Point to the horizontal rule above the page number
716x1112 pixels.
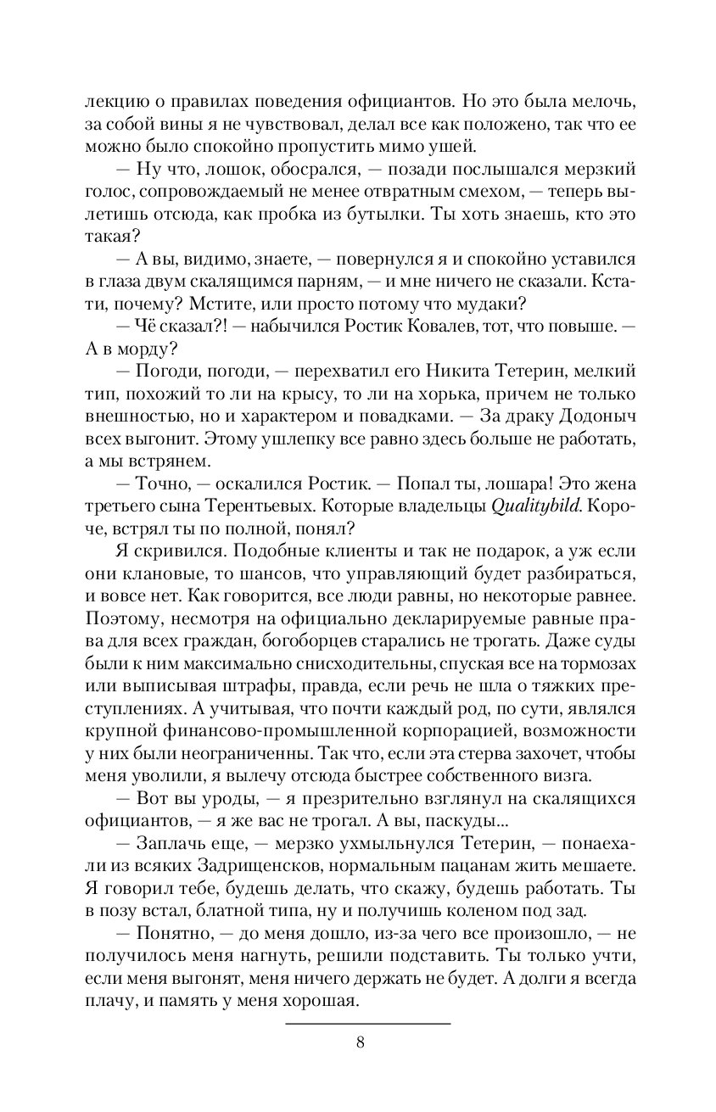click(367, 1024)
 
